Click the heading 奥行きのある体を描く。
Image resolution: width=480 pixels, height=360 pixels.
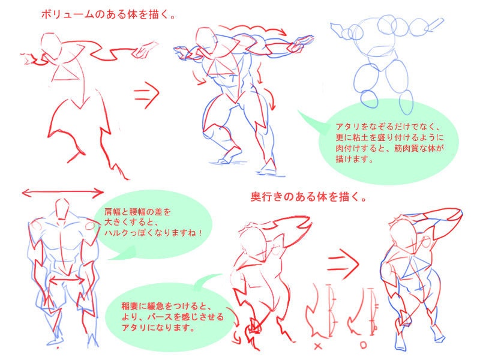[x=309, y=196]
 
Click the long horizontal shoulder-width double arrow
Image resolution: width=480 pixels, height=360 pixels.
[x=63, y=193]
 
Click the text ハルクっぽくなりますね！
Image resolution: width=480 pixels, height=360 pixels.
[x=153, y=232]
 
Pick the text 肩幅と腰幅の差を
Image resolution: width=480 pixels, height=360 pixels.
[x=137, y=211]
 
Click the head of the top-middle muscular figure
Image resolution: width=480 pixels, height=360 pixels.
[x=206, y=42]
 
